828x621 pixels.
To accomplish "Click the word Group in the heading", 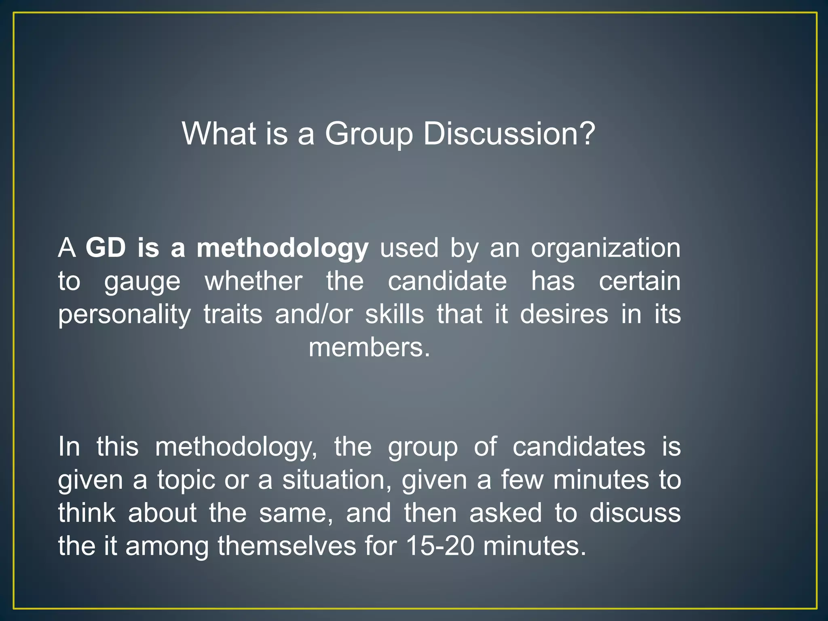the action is pyautogui.click(x=369, y=134).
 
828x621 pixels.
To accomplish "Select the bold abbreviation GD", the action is pyautogui.click(x=106, y=247).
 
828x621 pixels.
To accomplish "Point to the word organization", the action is pyautogui.click(x=605, y=248).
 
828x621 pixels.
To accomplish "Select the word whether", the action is pyautogui.click(x=253, y=281).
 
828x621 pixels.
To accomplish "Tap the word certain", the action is pyautogui.click(x=640, y=281).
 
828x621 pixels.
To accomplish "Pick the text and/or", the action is pyautogui.click(x=314, y=314).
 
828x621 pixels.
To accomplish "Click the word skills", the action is pyautogui.click(x=395, y=314).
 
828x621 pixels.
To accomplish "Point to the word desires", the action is pyautogui.click(x=564, y=314).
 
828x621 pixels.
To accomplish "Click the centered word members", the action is pyautogui.click(x=369, y=347).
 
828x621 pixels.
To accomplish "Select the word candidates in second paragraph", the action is pyautogui.click(x=579, y=447).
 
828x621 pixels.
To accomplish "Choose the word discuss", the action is pyautogui.click(x=635, y=513).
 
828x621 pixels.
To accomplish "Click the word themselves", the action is pyautogui.click(x=287, y=546).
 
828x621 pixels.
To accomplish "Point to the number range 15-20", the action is pyautogui.click(x=440, y=546).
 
